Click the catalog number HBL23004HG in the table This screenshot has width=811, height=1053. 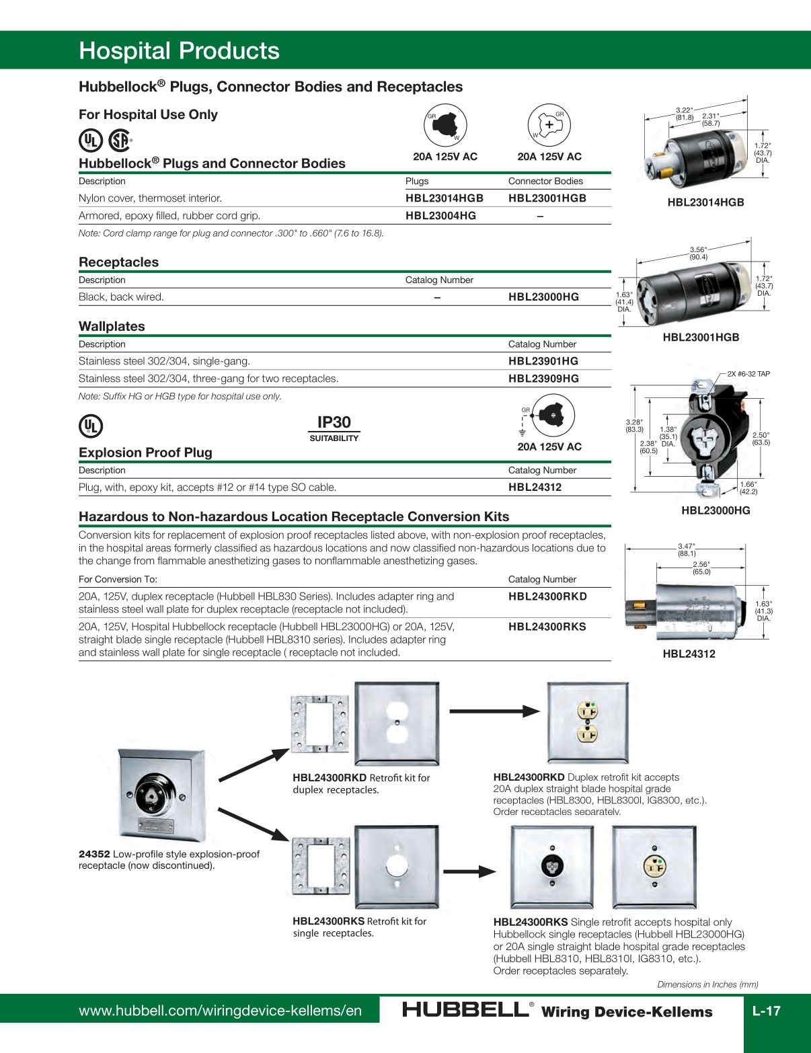point(440,216)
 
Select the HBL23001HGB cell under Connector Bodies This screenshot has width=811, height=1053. point(547,198)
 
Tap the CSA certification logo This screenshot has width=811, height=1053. point(120,141)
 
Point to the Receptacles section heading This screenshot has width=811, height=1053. point(118,262)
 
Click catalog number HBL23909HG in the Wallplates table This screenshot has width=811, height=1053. point(543,379)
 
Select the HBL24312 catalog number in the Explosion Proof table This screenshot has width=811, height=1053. point(535,487)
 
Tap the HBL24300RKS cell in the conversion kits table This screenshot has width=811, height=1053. point(547,627)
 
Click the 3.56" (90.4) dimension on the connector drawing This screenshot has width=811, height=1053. point(698,253)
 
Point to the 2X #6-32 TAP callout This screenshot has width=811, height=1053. point(748,374)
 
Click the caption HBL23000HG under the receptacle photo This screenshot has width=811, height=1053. point(716,510)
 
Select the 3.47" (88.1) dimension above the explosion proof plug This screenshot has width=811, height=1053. point(686,550)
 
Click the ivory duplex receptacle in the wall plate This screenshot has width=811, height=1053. point(588,721)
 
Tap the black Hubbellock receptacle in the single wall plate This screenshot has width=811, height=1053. point(552,865)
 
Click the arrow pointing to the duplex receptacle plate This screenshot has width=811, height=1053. point(494,711)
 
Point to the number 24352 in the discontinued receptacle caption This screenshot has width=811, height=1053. point(94,854)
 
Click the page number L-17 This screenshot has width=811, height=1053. point(766,1011)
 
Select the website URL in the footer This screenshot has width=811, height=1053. point(220,1011)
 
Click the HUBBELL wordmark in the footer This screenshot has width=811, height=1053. point(465,1009)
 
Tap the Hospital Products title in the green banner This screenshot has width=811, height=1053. point(179,51)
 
